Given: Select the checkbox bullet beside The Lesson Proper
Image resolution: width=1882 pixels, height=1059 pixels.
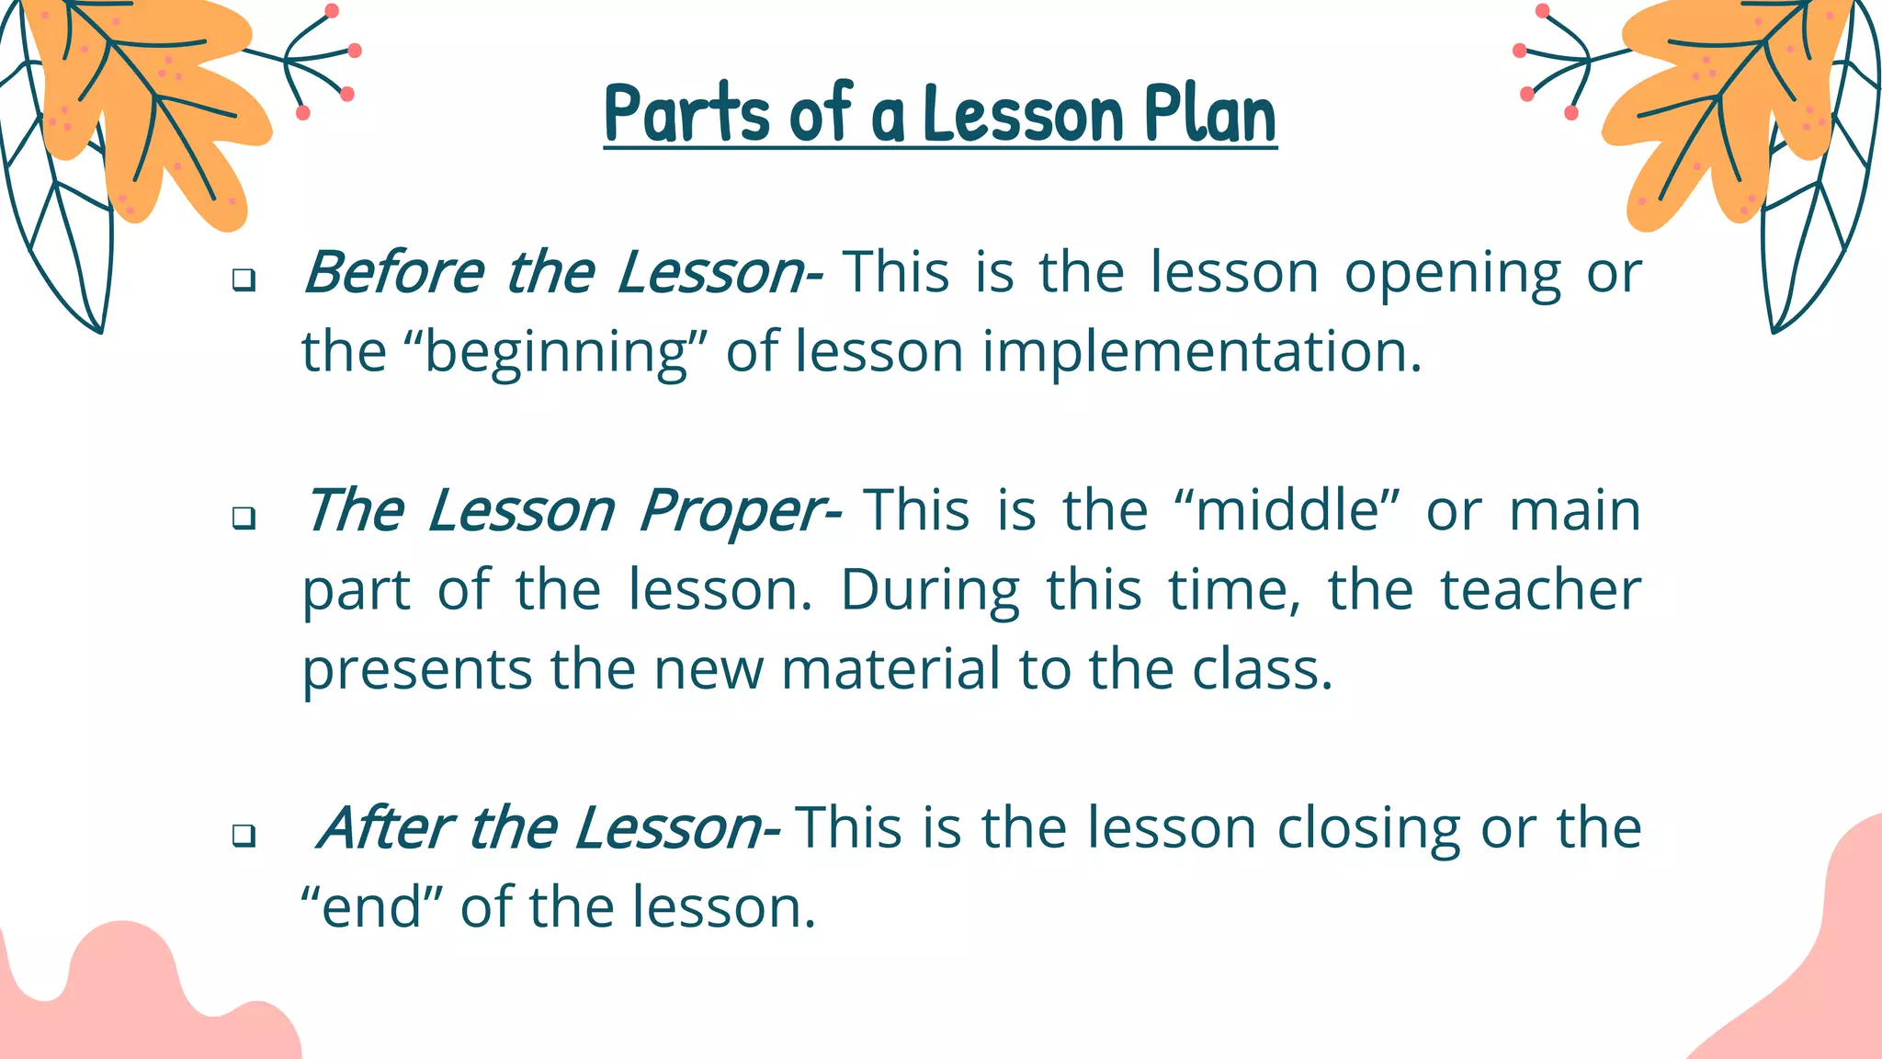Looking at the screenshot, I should click(244, 518).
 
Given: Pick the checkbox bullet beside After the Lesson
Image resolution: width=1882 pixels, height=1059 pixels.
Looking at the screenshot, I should click(244, 836).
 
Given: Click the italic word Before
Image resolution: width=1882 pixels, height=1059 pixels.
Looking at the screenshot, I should click(393, 272).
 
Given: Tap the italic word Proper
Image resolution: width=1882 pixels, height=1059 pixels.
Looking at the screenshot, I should click(732, 511).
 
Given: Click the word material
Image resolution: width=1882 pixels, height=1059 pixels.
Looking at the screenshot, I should click(890, 669).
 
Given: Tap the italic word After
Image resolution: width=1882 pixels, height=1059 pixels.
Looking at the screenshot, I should click(383, 827).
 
